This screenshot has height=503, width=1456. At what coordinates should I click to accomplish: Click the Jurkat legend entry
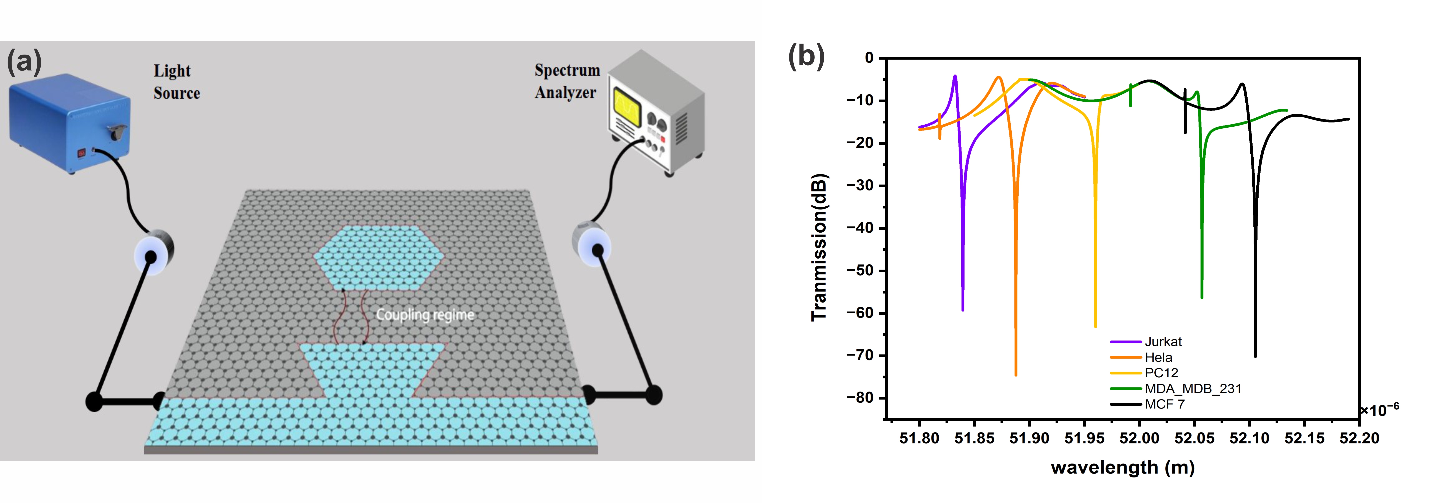[x=1163, y=342]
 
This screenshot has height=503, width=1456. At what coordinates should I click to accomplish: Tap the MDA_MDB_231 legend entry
[x=1193, y=389]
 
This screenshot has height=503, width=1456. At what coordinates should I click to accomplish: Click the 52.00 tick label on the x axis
[x=1139, y=438]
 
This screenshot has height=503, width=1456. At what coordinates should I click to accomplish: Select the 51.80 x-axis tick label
[x=919, y=438]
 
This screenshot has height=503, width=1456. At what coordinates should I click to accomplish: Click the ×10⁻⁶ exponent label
[x=1379, y=410]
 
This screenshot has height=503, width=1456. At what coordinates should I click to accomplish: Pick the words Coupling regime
[x=425, y=315]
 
